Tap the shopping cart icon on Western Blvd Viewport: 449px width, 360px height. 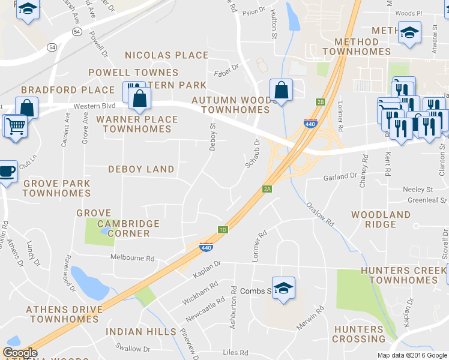(15, 127)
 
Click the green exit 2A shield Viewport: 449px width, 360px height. (268, 189)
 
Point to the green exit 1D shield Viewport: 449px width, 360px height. (223, 230)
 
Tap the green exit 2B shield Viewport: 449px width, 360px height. (321, 102)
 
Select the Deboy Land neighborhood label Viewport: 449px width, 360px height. (141, 170)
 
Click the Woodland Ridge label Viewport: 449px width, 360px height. (381, 219)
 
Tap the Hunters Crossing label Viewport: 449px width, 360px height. (359, 334)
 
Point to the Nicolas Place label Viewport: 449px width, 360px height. (166, 55)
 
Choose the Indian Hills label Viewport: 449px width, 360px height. (141, 332)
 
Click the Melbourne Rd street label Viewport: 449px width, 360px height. (133, 258)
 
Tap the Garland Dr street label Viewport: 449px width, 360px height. (340, 177)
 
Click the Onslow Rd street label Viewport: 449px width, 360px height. (321, 212)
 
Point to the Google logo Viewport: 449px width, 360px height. (20, 353)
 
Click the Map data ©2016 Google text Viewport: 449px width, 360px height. (411, 355)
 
